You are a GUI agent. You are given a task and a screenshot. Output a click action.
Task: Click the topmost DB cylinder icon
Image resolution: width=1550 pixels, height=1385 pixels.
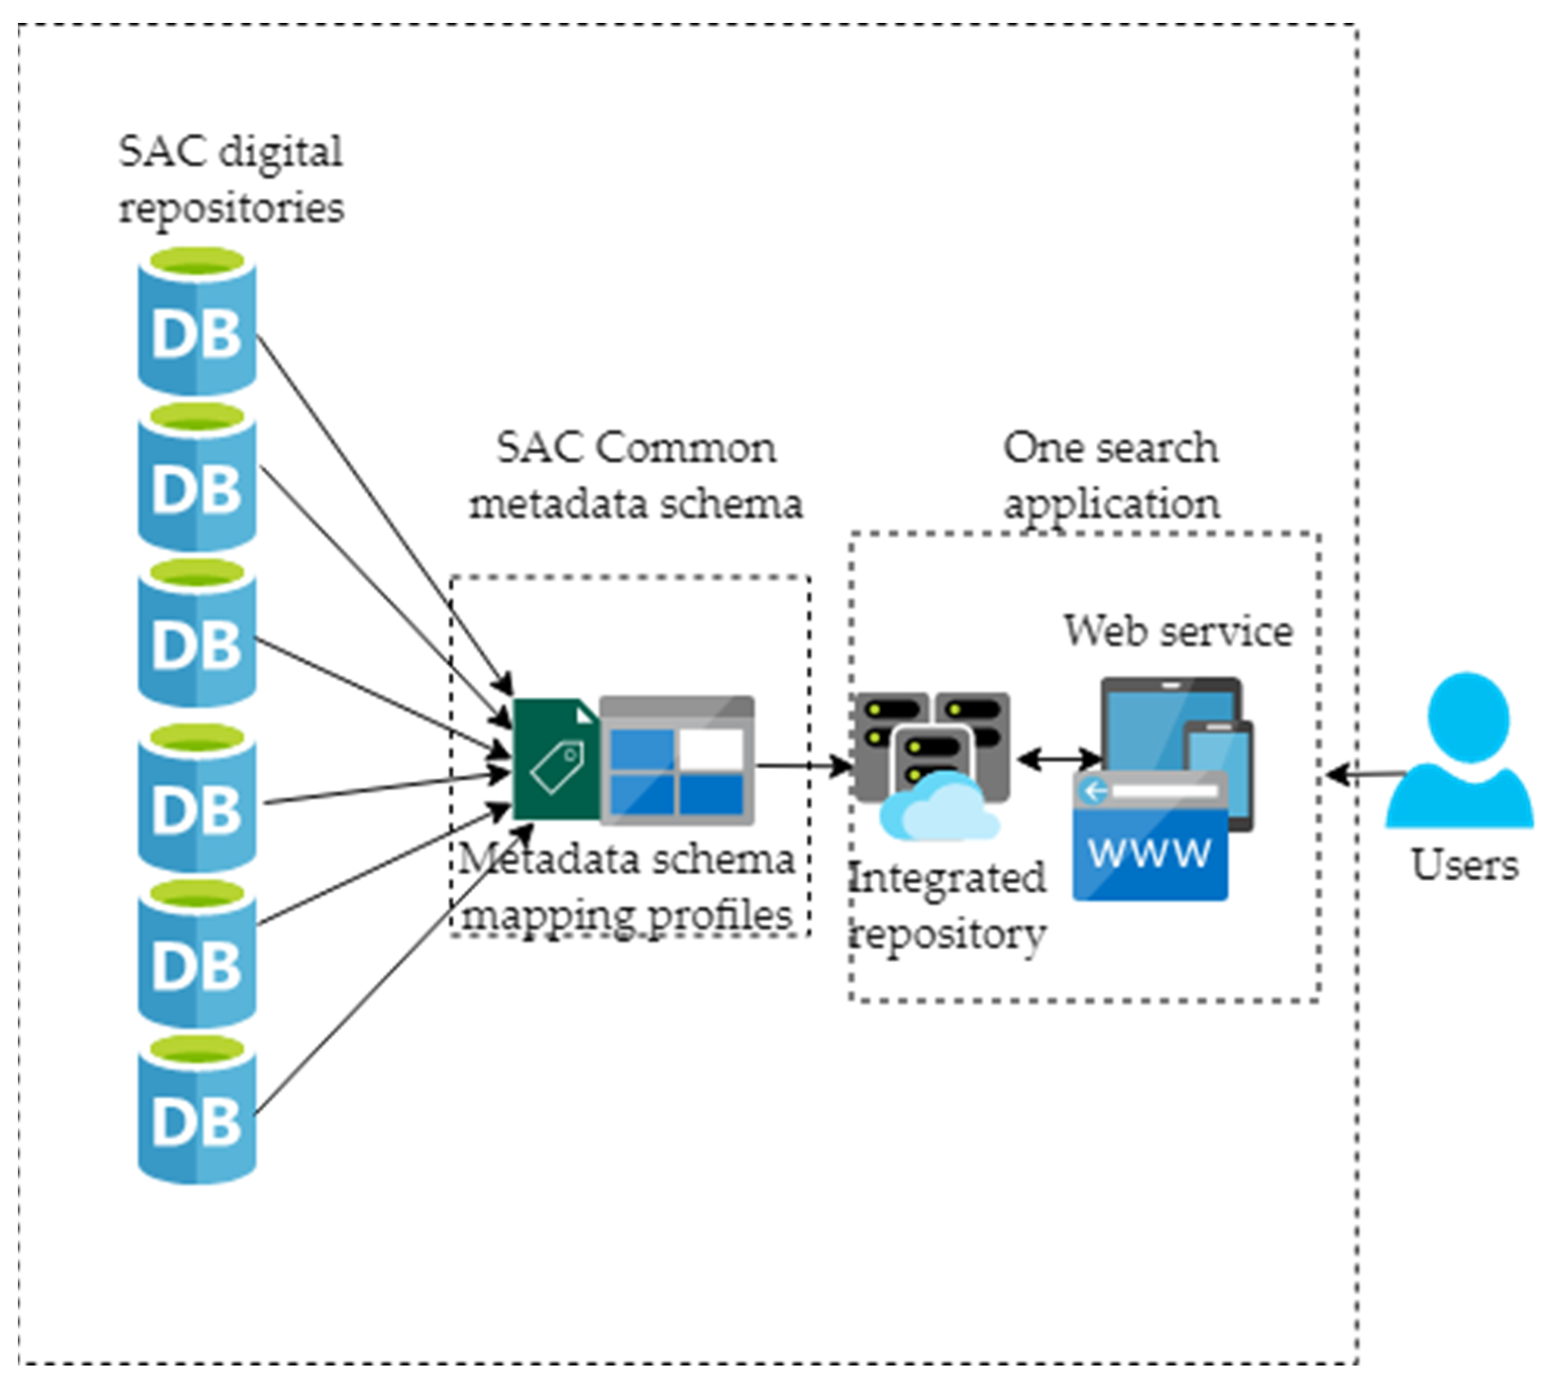196,321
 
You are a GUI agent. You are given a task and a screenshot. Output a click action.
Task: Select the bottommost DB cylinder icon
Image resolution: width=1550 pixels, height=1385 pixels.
196,1109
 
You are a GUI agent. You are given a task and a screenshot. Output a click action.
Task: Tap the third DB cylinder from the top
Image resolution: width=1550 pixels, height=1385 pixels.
196,633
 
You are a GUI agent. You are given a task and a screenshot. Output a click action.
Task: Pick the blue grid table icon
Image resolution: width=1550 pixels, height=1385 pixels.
676,760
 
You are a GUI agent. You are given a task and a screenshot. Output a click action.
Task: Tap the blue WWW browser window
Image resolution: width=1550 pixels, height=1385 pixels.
1149,835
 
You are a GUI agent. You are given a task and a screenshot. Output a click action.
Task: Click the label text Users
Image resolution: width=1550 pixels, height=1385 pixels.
1464,865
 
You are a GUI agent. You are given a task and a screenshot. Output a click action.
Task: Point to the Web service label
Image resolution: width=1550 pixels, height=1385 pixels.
1177,631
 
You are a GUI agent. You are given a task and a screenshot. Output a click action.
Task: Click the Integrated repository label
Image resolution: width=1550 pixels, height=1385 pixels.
946,905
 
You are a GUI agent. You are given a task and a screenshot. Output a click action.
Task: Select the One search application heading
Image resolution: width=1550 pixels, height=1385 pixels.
1111,475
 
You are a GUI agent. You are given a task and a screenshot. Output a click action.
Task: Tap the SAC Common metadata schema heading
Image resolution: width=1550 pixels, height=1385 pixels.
635,475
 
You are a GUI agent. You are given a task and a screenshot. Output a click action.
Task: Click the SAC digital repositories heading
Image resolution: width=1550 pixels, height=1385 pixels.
231,179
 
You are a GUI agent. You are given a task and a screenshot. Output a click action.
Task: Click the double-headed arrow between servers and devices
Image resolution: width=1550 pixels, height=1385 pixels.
1058,758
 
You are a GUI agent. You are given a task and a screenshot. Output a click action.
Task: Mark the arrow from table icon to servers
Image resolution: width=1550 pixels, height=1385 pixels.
803,766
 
